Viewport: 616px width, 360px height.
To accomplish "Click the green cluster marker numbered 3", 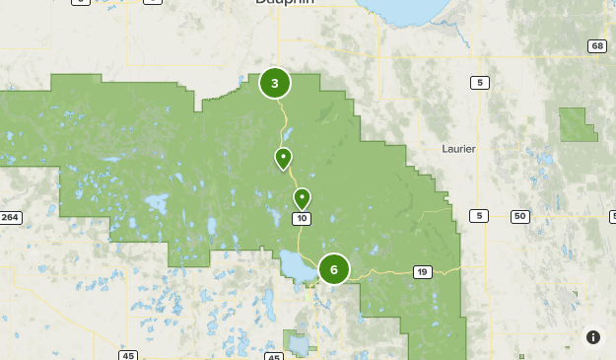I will pyautogui.click(x=275, y=84).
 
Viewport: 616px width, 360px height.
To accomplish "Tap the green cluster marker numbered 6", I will pyautogui.click(x=334, y=268).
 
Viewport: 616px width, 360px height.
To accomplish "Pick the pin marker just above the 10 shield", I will pyautogui.click(x=302, y=198).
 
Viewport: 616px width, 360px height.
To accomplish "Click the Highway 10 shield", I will pyautogui.click(x=302, y=218).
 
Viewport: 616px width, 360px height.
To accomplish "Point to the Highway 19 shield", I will pyautogui.click(x=422, y=272).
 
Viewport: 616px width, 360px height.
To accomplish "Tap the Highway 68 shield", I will pyautogui.click(x=596, y=46).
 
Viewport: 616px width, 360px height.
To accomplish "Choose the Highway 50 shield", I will pyautogui.click(x=520, y=216).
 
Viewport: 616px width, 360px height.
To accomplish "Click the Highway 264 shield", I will pyautogui.click(x=11, y=217).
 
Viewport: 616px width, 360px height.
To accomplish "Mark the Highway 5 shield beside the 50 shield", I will pyautogui.click(x=479, y=216).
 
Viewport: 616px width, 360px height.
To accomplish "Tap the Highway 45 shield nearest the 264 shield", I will pyautogui.click(x=129, y=355).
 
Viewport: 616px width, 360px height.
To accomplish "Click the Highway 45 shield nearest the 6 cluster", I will pyautogui.click(x=273, y=355).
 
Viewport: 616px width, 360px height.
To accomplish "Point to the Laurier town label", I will pyautogui.click(x=460, y=149).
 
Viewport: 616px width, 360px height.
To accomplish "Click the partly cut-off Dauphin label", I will pyautogui.click(x=285, y=3).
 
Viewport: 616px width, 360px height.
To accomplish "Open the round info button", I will pyautogui.click(x=593, y=337).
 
